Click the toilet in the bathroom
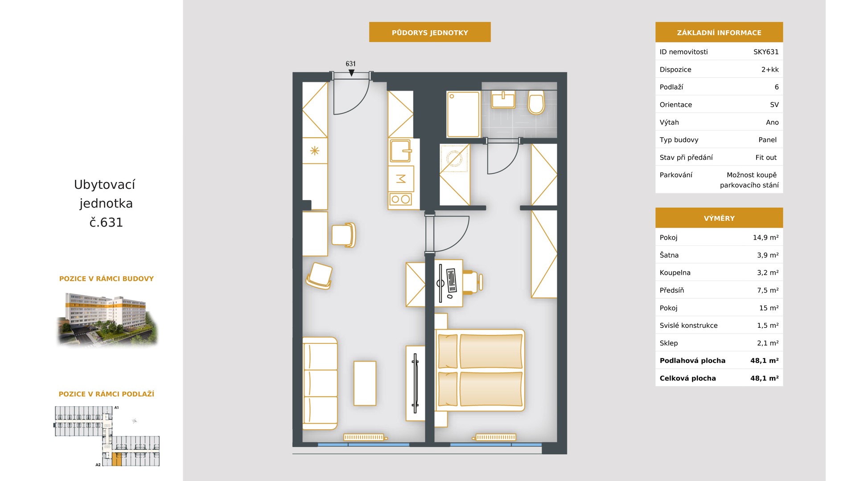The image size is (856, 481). pos(536,102)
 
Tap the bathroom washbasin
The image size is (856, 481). pos(503,100)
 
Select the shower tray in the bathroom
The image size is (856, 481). pos(463,114)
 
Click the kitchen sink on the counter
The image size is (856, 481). pos(400,151)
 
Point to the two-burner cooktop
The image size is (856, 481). pos(400,199)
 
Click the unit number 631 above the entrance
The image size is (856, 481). pos(351,64)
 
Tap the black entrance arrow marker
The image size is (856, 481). pos(351,73)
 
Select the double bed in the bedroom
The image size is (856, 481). pos(480,370)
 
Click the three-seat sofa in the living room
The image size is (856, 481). pos(320,383)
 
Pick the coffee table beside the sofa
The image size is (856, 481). pos(365,383)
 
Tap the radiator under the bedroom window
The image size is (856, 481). pos(495,437)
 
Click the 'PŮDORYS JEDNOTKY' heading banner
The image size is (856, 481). pos(430,32)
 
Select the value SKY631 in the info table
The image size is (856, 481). pos(766,52)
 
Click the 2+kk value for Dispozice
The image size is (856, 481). pos(770,69)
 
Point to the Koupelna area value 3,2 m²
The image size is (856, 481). pos(768,273)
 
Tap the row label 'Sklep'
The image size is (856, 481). pos(669,343)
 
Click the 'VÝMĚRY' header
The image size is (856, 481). pos(719,218)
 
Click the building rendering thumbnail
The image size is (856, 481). pos(107,319)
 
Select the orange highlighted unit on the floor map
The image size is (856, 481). pos(116,459)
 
